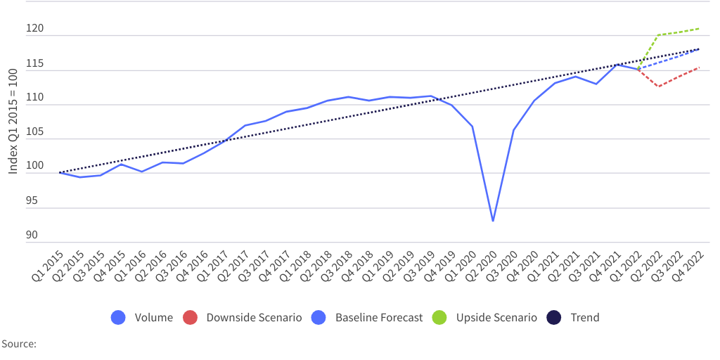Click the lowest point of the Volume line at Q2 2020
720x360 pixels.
pos(493,221)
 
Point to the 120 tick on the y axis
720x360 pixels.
pos(36,30)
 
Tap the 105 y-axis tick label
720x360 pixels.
pos(36,133)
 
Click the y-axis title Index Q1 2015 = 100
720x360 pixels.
pos(13,121)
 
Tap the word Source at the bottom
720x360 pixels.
pos(18,344)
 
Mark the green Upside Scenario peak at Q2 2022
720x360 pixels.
pos(658,35)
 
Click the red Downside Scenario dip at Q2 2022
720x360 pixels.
pos(658,86)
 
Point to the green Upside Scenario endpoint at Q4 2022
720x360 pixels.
pos(699,29)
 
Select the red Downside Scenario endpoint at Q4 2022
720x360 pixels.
pos(699,67)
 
